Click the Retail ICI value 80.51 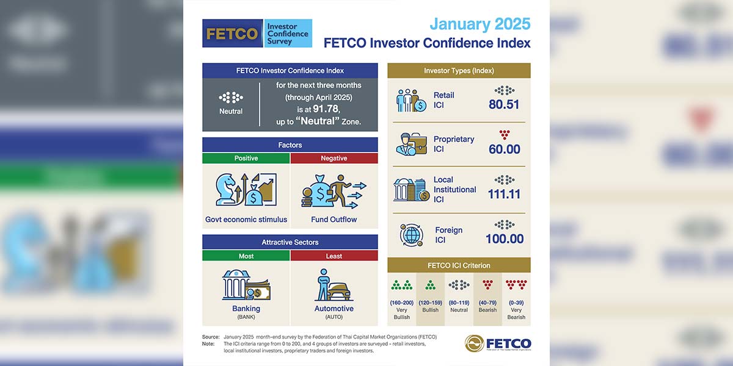[x=504, y=104]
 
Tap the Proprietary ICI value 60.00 [x=505, y=149]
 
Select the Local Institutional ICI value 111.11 [x=504, y=194]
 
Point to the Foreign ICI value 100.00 [x=505, y=239]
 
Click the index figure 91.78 [x=326, y=109]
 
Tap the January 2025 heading [x=480, y=24]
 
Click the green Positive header [x=246, y=158]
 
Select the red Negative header [x=334, y=158]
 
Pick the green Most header [x=246, y=256]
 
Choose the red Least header [x=334, y=256]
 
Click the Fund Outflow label [x=334, y=219]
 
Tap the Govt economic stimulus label [x=246, y=219]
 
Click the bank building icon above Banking [x=235, y=284]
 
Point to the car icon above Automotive [x=339, y=292]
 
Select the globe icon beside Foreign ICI [x=412, y=235]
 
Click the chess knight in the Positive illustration [x=226, y=190]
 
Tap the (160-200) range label [x=401, y=303]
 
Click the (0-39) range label [x=516, y=303]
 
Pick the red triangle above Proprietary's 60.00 [x=505, y=135]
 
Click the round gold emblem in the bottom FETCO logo [x=474, y=343]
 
